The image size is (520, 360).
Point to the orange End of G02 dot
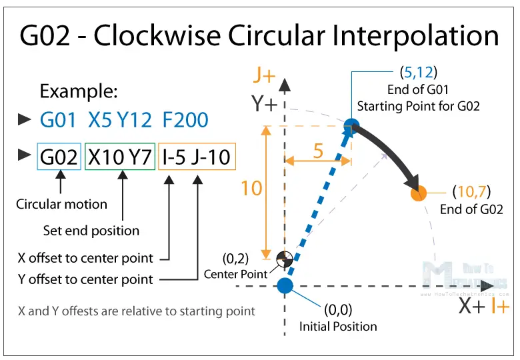pyautogui.click(x=419, y=193)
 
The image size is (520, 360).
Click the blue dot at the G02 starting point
pyautogui.click(x=352, y=125)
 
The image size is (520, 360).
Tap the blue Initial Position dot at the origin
pyautogui.click(x=285, y=286)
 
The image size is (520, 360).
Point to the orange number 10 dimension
pyautogui.click(x=251, y=189)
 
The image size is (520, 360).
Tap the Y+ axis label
pyautogui.click(x=265, y=104)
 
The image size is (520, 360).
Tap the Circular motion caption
pyautogui.click(x=61, y=204)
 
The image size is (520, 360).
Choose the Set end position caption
pyautogui.click(x=91, y=231)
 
